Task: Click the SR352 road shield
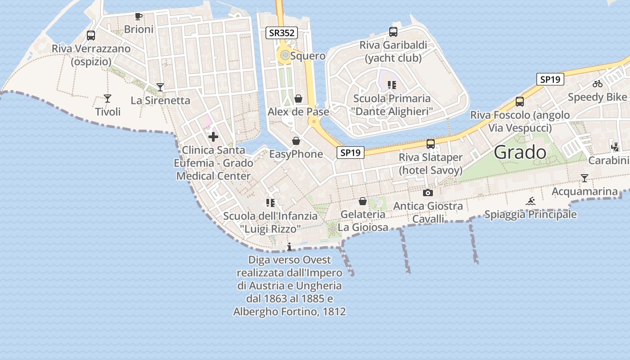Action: click(x=282, y=32)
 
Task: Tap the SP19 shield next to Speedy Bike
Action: click(x=550, y=79)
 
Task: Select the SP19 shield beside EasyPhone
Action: click(x=350, y=153)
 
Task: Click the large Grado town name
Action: click(x=520, y=153)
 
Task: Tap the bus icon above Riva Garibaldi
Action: click(x=393, y=32)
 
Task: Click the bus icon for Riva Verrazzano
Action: click(x=91, y=36)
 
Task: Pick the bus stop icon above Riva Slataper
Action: click(x=431, y=144)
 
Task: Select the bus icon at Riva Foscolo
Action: click(x=520, y=102)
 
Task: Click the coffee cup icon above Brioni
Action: click(x=139, y=17)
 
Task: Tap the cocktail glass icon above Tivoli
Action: click(x=108, y=98)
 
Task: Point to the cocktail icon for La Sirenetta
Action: click(x=160, y=87)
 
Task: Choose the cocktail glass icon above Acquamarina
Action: click(x=584, y=178)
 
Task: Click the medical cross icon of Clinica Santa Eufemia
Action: click(x=213, y=137)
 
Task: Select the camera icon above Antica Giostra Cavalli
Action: click(x=428, y=193)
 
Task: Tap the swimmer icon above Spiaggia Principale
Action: click(x=531, y=201)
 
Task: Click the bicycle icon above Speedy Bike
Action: click(x=598, y=84)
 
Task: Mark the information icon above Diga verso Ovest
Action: click(x=289, y=247)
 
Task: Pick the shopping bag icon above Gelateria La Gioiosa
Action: click(x=363, y=201)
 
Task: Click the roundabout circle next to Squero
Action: click(x=285, y=55)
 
